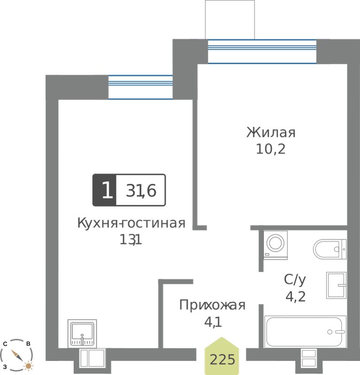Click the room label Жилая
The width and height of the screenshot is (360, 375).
tap(271, 133)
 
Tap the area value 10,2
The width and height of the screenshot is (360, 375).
tap(271, 149)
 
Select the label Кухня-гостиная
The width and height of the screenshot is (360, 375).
tap(131, 223)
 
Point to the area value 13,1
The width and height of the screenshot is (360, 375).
tap(131, 240)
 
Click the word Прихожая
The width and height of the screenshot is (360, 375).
tap(212, 305)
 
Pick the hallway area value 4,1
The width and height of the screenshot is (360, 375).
tap(213, 322)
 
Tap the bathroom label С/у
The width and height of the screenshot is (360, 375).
tap(295, 279)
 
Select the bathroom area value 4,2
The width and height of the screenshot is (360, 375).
tap(296, 297)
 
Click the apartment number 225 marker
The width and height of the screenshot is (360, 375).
tap(222, 356)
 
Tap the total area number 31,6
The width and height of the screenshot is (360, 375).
tap(141, 191)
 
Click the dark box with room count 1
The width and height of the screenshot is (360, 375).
tap(104, 190)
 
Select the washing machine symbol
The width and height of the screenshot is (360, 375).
tap(276, 245)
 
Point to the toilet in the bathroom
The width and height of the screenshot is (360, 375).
tap(329, 249)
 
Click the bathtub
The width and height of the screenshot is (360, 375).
tap(305, 331)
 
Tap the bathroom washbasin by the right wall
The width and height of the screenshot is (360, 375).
tap(336, 285)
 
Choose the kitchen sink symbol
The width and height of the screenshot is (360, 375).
tap(82, 333)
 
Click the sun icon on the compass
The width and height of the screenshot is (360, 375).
tap(29, 366)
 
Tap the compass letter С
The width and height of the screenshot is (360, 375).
tap(5, 344)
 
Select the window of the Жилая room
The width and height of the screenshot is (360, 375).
tap(262, 51)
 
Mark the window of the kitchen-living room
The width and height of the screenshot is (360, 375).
tap(140, 87)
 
